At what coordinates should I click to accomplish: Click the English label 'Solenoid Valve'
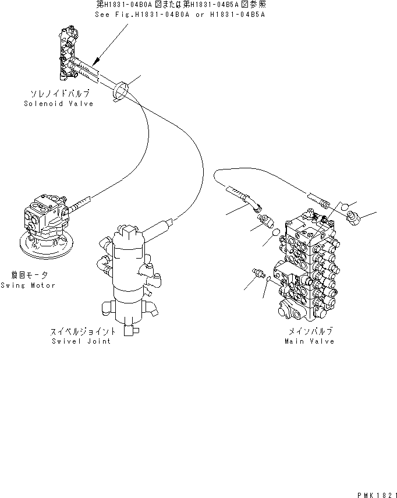coord(58,103)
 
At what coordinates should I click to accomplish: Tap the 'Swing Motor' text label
coord(27,285)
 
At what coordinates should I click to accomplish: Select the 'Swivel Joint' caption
coord(82,341)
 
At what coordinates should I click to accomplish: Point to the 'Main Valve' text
coord(309,341)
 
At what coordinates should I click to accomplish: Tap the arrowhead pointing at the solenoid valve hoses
coord(97,60)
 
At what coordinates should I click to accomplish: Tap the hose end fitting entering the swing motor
coord(80,203)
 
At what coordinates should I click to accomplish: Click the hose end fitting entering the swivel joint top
coord(164,224)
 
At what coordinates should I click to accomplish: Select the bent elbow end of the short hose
coord(256,204)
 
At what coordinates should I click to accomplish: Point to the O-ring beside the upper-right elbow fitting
coord(344,206)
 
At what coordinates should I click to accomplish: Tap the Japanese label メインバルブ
coord(310,331)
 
